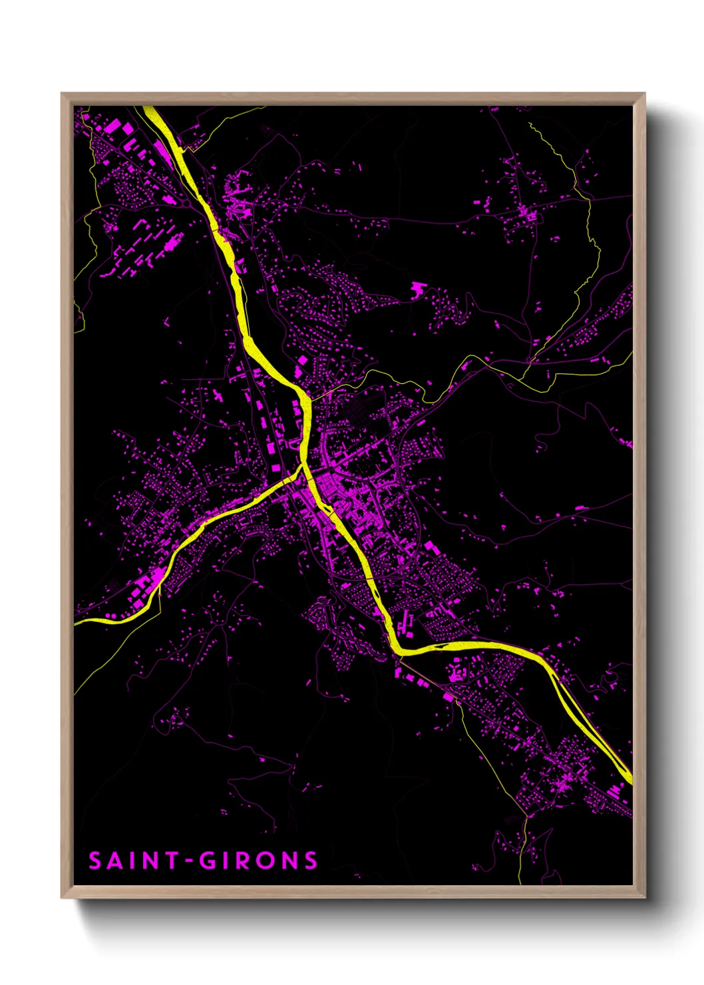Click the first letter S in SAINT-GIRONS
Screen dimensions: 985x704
point(95,861)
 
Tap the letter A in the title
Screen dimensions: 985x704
point(114,861)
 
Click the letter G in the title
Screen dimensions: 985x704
point(208,861)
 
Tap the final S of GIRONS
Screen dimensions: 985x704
point(311,861)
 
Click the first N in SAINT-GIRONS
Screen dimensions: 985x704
point(149,861)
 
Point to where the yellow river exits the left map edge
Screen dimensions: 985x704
point(76,623)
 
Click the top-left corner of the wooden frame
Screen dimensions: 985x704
point(62,94)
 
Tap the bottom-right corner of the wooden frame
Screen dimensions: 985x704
point(644,897)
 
